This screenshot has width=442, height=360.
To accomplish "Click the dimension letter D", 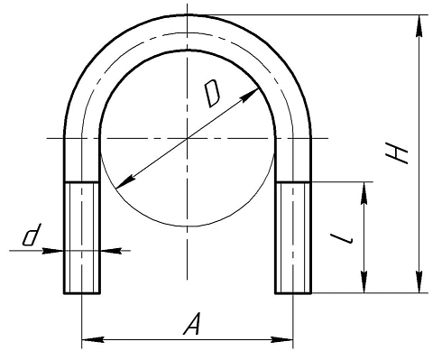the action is pos(212,94).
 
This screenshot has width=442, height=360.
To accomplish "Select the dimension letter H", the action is pos(397,153).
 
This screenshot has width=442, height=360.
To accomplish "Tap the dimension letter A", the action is pos(192,324).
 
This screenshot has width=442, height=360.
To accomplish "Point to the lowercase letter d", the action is pos(32,235).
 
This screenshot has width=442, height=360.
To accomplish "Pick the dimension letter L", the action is pos(341,238).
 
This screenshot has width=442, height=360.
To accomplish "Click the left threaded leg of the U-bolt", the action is pos(81,237).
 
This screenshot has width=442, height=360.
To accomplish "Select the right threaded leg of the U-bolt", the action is pos(293,237).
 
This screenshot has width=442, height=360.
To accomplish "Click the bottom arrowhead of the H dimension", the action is pos(419,282).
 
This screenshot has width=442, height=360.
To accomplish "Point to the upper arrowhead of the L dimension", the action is pos(364,193).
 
